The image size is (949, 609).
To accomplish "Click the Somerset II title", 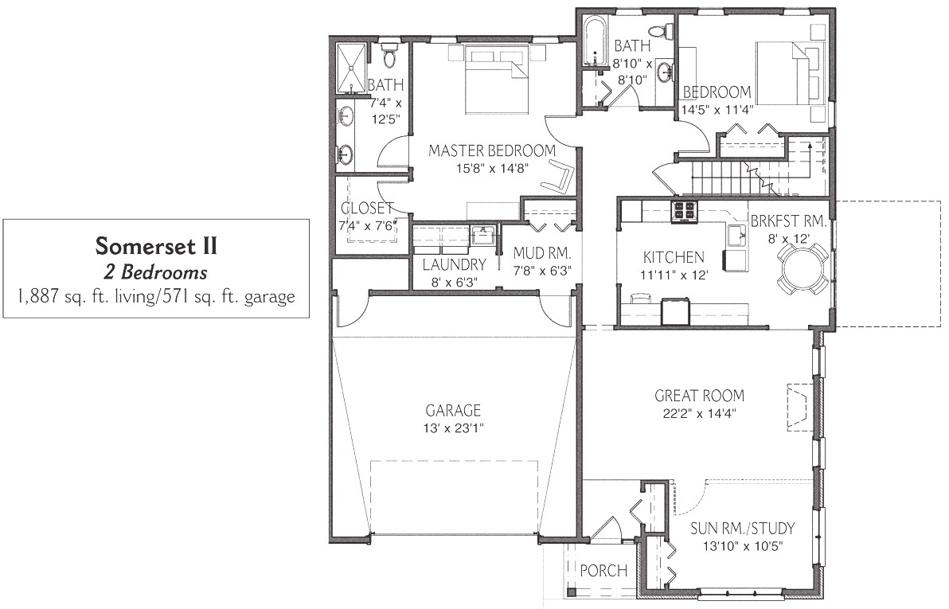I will [x=156, y=245].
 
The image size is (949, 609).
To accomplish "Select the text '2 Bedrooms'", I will [x=156, y=272].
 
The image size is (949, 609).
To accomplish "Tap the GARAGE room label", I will [x=452, y=411].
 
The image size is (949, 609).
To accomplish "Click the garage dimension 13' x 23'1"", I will [x=454, y=428].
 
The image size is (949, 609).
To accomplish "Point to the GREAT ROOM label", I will [x=699, y=395].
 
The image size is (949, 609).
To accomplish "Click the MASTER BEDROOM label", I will [x=490, y=150].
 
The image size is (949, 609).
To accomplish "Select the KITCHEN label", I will [x=673, y=257].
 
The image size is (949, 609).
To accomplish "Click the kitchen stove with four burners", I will [x=685, y=210].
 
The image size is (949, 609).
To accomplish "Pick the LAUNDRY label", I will [x=454, y=264].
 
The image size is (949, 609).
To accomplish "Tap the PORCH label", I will [x=603, y=571].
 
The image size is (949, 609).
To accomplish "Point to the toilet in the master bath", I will [x=389, y=56].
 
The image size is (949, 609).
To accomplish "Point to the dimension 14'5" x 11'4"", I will [x=717, y=110].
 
